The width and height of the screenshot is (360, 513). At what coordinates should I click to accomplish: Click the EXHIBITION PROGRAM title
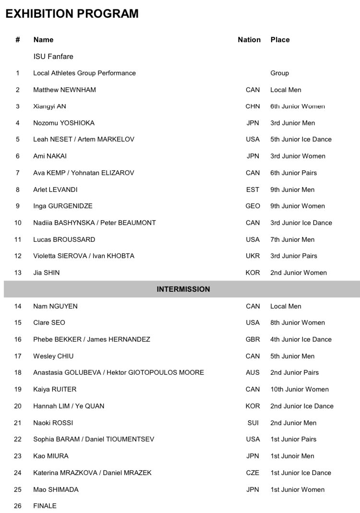72,13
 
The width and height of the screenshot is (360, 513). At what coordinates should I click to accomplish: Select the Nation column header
249,40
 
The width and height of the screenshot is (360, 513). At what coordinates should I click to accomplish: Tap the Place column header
280,40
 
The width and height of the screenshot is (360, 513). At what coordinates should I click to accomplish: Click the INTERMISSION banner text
183,289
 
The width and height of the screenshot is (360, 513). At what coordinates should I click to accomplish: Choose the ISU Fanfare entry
53,57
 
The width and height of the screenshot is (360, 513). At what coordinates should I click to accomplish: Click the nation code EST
252,190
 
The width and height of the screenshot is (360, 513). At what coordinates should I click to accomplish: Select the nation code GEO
252,206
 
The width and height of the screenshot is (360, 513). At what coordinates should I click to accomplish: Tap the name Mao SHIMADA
56,489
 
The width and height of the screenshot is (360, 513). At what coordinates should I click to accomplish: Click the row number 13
18,273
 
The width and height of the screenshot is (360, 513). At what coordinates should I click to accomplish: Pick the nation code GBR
252,339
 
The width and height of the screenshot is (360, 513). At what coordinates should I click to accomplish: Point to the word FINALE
45,506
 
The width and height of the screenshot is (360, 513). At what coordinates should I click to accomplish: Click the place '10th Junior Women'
299,389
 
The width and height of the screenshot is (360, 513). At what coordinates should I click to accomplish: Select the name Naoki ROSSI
53,423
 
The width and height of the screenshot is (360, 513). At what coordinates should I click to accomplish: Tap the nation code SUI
252,423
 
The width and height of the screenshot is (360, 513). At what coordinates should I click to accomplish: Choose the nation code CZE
252,473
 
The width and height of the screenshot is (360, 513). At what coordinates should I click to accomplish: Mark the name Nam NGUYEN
55,306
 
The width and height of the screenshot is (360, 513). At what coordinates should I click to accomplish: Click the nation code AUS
252,372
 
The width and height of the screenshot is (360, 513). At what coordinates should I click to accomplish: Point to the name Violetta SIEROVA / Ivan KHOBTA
84,256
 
